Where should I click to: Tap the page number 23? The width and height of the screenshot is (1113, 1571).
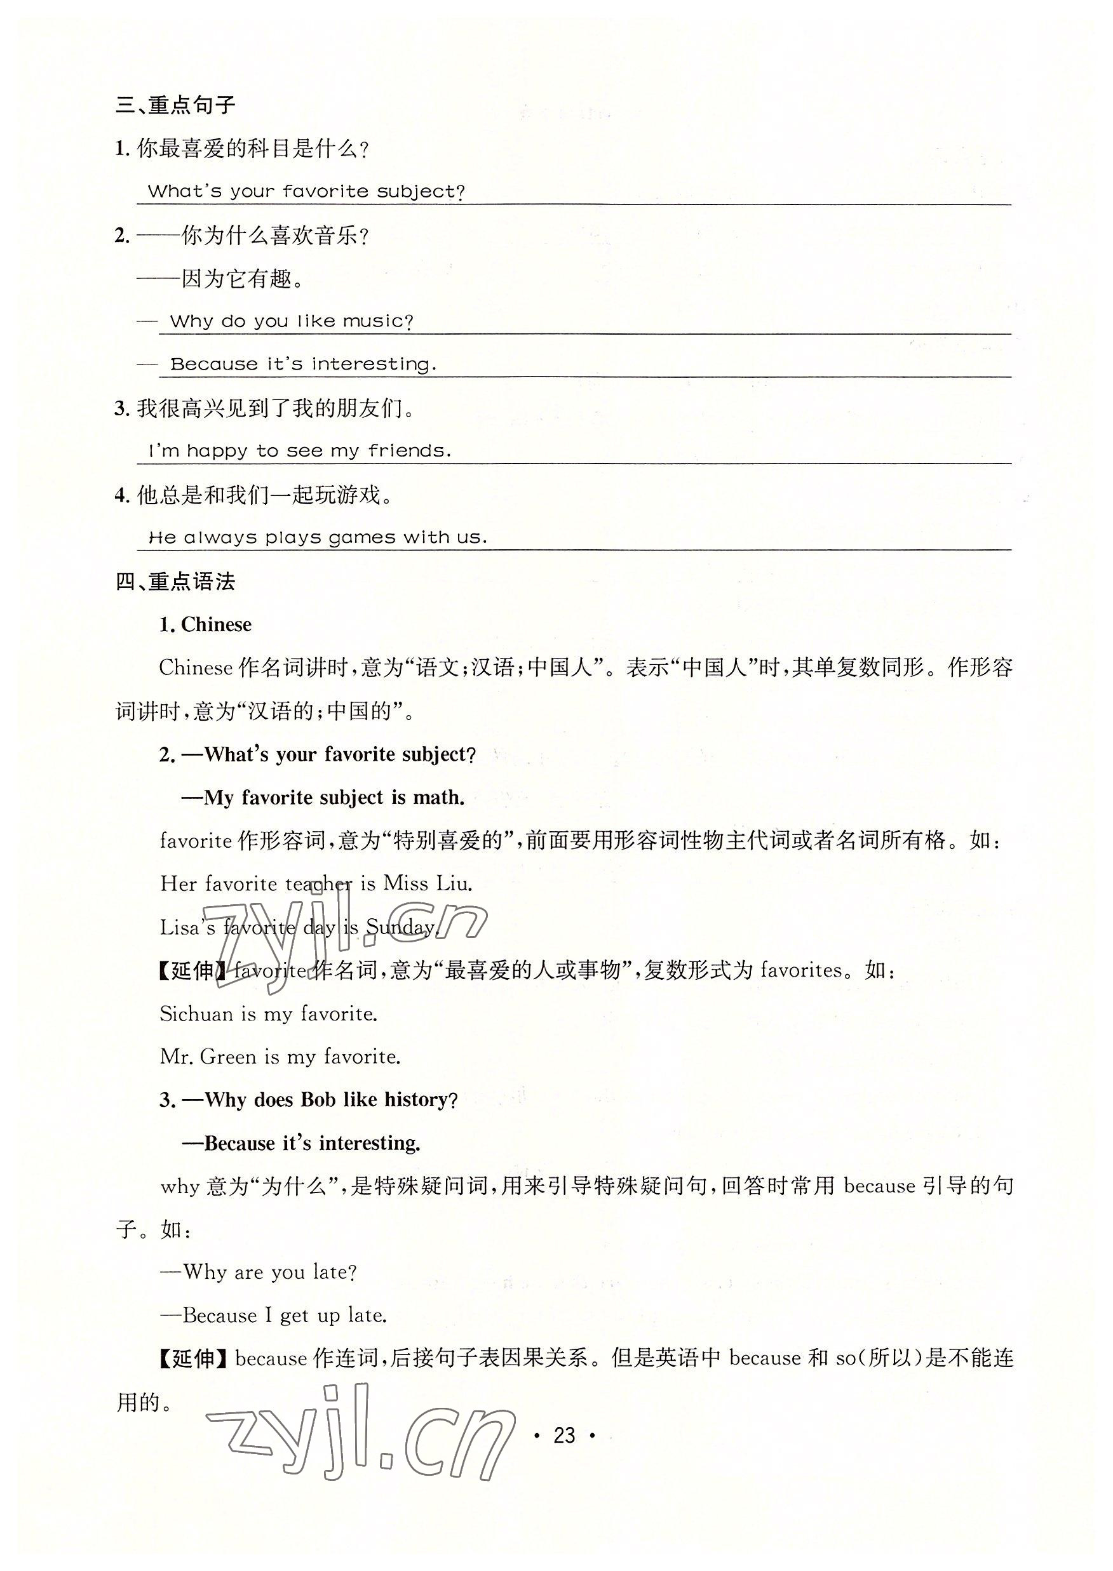pyautogui.click(x=563, y=1434)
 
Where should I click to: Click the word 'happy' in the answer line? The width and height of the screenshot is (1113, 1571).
pyautogui.click(x=217, y=451)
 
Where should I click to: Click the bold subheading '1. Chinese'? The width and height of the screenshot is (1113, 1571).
pyautogui.click(x=205, y=624)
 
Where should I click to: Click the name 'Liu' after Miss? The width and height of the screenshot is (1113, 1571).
pyautogui.click(x=454, y=884)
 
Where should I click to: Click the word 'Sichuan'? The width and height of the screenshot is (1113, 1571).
pyautogui.click(x=196, y=1013)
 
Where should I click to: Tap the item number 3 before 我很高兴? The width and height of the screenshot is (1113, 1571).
pyautogui.click(x=121, y=409)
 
